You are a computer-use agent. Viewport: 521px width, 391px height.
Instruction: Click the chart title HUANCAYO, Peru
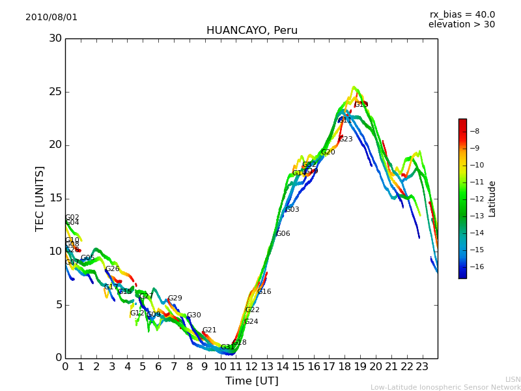251,31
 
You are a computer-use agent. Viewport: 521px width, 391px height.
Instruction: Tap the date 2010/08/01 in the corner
51,17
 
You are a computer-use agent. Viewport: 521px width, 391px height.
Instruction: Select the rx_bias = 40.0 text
462,14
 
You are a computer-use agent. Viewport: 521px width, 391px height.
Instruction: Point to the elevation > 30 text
461,25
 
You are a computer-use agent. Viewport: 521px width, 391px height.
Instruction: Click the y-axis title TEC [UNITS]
40,198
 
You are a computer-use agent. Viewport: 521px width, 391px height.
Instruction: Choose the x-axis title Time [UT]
251,381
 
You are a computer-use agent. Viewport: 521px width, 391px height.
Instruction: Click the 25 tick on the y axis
55,92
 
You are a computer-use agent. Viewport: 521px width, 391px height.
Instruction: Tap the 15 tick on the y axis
55,198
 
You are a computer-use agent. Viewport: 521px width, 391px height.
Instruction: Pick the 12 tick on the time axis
251,367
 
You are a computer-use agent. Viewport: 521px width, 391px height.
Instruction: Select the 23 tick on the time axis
422,367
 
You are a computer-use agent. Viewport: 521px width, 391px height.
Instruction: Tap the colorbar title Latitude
492,199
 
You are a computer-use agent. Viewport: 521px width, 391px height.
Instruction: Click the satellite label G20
328,152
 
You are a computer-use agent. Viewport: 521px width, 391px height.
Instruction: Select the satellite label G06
283,234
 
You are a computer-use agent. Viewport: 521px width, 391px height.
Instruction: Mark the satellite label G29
175,298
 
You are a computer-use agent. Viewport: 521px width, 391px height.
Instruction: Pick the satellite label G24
251,322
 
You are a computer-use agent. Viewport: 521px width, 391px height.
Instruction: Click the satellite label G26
113,269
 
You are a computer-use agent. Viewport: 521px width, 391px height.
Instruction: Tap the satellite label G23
346,139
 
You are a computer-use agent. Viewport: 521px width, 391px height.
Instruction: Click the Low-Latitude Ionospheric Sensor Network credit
445,387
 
